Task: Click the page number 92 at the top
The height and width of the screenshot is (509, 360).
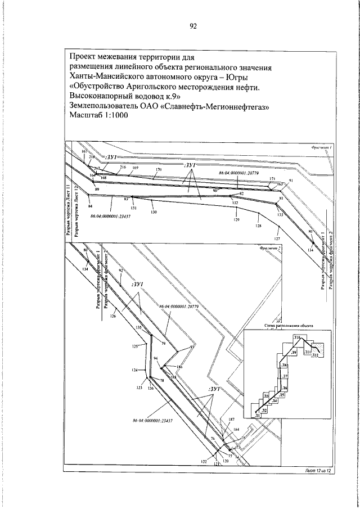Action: (193, 26)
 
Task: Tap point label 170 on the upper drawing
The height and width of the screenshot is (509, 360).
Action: (159, 169)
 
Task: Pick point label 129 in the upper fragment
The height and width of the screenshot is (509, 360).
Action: (236, 219)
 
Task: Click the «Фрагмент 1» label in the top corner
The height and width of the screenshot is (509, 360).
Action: (323, 146)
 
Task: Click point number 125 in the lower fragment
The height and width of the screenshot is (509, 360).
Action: (134, 347)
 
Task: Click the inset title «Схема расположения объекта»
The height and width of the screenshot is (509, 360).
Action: (287, 326)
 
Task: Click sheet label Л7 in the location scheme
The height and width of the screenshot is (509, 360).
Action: (285, 376)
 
